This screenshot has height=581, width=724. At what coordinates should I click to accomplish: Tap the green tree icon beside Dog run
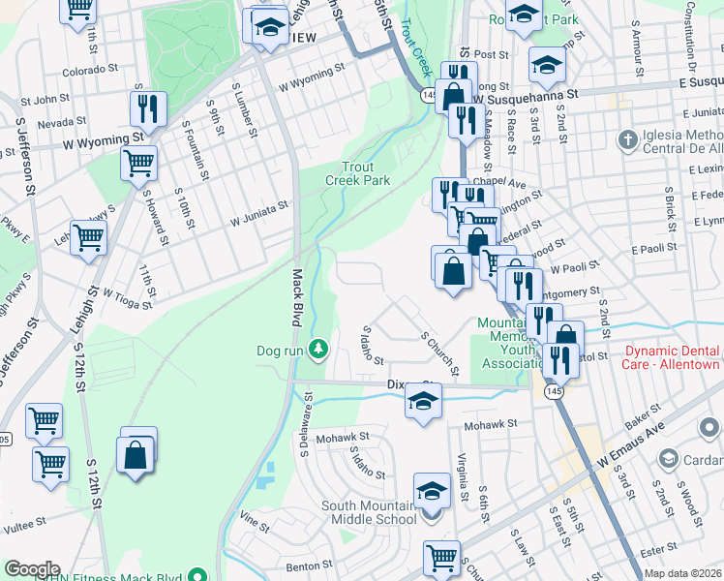(x=317, y=349)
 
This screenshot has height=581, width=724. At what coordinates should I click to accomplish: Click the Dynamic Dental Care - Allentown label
(x=672, y=357)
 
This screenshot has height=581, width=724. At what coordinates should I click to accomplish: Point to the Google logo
(x=32, y=569)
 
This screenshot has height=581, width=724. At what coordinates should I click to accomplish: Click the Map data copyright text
(x=683, y=573)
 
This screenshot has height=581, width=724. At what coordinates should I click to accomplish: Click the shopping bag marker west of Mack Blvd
(x=136, y=454)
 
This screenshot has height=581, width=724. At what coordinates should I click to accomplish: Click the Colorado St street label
(x=90, y=70)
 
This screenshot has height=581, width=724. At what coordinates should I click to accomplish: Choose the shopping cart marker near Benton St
(x=441, y=557)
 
